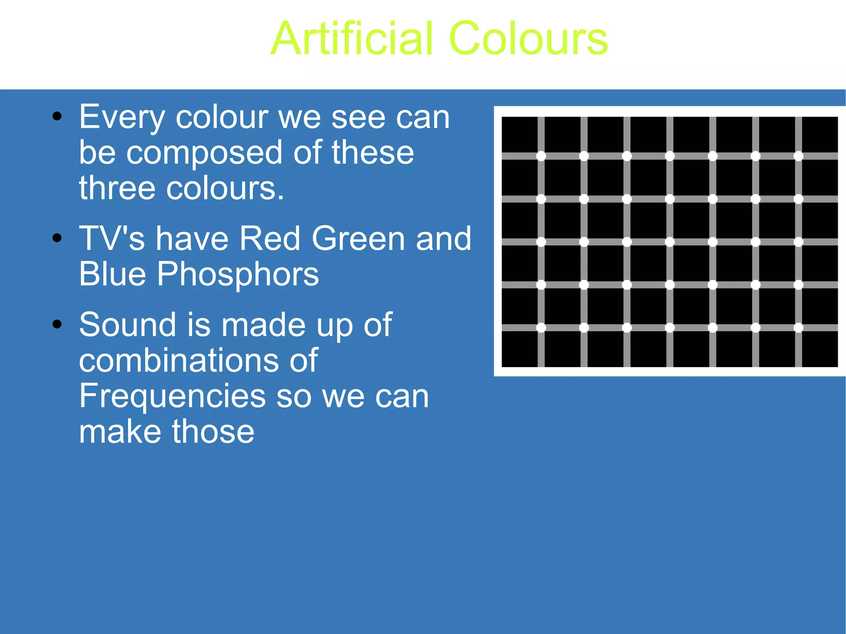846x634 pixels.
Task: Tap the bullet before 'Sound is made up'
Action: point(57,324)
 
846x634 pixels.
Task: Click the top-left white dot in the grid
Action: point(541,156)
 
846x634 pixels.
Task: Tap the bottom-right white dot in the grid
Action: point(798,328)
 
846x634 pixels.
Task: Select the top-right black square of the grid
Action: point(820,135)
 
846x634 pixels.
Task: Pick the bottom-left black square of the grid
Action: point(519,349)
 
